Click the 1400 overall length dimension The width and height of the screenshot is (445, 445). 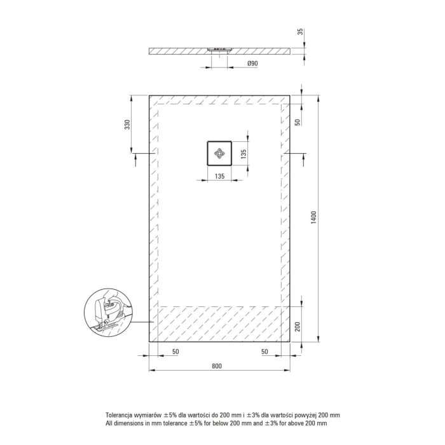coord(313,217)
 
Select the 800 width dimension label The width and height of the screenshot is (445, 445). coord(217,366)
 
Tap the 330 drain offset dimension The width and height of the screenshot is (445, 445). coord(127,125)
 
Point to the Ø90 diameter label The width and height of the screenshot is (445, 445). coord(252,64)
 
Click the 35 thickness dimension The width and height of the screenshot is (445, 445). coord(300,32)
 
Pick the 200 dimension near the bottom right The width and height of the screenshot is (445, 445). coord(298,327)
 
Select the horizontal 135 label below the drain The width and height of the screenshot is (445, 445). coord(220,176)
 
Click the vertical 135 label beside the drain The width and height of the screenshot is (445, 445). coord(243,154)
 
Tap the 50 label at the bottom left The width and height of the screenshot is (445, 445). coord(175,352)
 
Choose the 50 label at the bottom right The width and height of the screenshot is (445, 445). coord(264,352)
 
